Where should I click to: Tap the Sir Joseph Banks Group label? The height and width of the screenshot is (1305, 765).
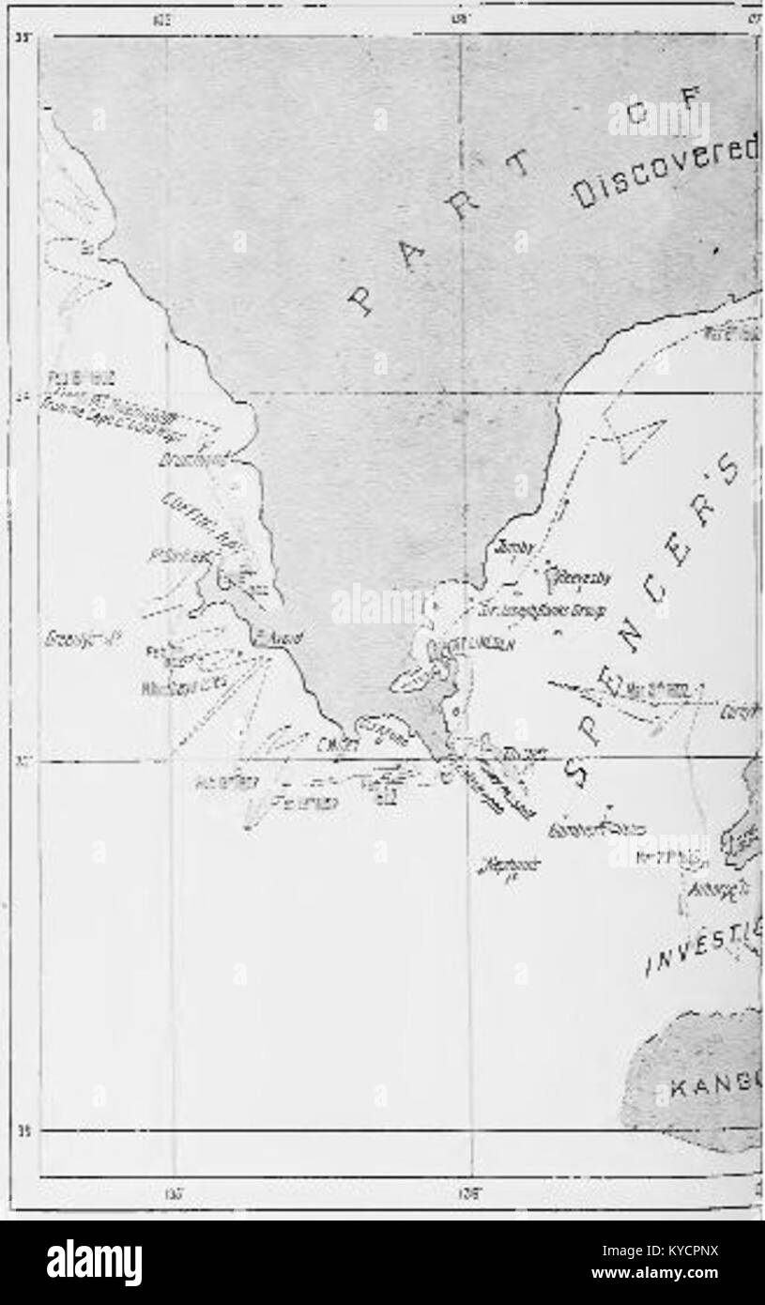point(527,608)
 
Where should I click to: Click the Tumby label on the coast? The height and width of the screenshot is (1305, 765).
point(515,547)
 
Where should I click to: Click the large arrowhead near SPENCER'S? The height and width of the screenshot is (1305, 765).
point(638,438)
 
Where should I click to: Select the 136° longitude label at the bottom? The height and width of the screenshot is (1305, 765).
point(467,1193)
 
